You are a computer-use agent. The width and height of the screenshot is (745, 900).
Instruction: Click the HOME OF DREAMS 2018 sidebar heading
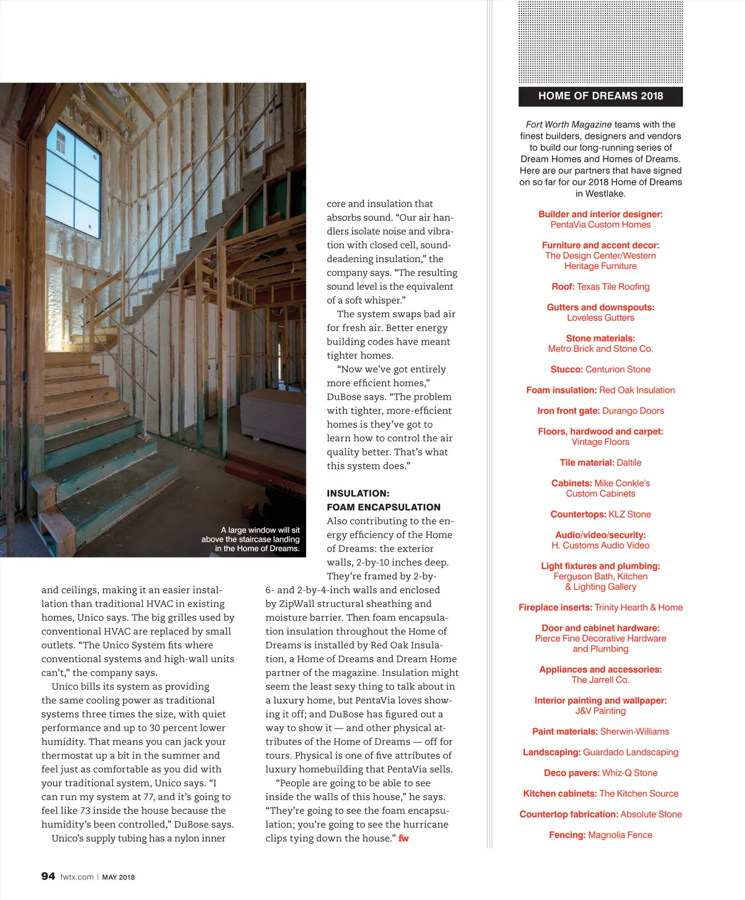click(600, 96)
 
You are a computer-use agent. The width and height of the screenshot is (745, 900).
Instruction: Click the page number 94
click(48, 876)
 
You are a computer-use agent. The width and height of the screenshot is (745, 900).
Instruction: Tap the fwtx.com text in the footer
click(77, 877)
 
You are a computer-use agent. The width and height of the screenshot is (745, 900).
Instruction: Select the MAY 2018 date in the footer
click(118, 877)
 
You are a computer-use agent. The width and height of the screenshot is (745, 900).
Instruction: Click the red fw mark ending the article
click(404, 839)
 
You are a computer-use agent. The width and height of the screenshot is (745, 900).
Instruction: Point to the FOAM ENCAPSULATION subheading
click(384, 507)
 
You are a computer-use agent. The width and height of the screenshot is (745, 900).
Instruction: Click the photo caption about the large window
click(251, 539)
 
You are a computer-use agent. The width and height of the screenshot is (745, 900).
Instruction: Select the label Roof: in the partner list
click(563, 287)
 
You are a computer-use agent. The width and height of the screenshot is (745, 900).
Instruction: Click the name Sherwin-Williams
click(634, 732)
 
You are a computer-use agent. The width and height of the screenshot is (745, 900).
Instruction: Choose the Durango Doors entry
click(633, 411)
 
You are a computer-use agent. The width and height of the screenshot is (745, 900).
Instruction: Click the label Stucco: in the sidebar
click(566, 369)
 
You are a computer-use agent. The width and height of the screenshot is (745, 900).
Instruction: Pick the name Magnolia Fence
click(620, 835)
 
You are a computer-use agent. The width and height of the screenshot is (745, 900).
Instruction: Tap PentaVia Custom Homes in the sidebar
click(600, 225)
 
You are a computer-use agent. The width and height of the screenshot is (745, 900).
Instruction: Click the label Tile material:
click(587, 462)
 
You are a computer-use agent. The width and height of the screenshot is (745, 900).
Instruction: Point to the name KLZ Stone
click(630, 515)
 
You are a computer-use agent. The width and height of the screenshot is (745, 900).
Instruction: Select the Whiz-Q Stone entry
click(630, 773)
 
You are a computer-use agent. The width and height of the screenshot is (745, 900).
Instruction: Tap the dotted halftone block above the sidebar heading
click(600, 42)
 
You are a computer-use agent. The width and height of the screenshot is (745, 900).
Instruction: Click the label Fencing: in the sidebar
click(567, 835)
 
